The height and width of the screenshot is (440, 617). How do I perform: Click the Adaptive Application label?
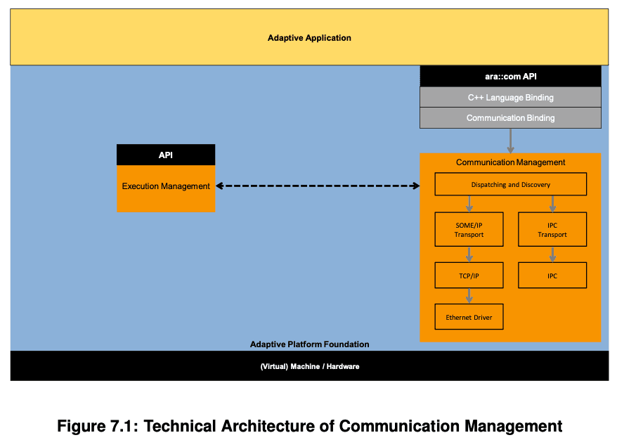(309, 38)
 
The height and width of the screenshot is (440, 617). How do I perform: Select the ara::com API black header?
(510, 76)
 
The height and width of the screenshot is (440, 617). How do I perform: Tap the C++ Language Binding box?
(510, 98)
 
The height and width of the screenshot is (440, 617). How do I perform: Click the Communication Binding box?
(510, 118)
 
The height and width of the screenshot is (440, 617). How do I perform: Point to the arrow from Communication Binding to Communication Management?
(511, 141)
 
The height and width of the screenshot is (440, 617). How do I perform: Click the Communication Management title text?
(510, 162)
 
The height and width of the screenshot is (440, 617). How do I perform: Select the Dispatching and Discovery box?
(510, 185)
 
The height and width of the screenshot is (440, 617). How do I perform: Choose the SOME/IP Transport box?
(469, 230)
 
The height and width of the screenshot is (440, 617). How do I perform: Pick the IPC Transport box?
(552, 230)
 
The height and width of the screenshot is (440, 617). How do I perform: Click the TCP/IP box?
(469, 276)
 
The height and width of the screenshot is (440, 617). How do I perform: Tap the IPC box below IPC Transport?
(552, 276)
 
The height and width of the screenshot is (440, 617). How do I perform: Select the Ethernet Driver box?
(469, 317)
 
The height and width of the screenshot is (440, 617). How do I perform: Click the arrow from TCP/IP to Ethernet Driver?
(469, 296)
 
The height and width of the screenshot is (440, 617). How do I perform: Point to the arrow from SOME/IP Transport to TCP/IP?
(469, 254)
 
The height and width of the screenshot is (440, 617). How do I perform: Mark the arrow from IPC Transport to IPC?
(552, 254)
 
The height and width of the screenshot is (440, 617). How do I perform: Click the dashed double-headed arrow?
(317, 186)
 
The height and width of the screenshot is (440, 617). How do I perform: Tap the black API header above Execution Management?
(165, 155)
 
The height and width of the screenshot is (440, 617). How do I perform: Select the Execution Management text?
(166, 186)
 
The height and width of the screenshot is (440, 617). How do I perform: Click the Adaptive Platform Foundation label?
(309, 344)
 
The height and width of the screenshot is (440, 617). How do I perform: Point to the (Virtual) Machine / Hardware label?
(309, 366)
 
